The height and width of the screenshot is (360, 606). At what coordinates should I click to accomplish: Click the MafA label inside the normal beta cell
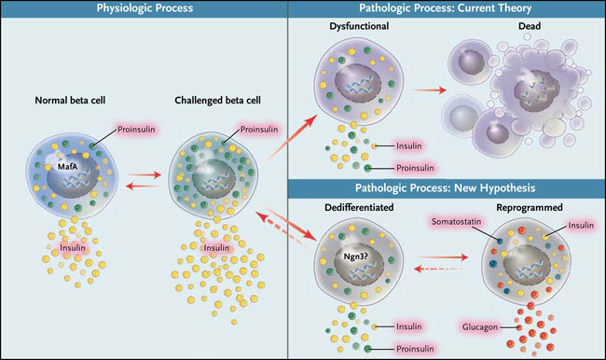click(67, 167)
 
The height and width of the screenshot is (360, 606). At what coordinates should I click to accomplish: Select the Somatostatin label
click(457, 222)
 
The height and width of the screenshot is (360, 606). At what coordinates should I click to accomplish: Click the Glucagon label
click(480, 327)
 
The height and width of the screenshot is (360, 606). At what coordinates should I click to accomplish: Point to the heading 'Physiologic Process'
click(145, 8)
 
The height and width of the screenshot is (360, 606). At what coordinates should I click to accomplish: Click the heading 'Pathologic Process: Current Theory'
click(446, 8)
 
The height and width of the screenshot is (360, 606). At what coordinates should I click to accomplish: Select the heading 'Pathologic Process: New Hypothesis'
click(446, 187)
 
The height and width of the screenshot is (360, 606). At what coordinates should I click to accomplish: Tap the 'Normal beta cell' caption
click(70, 100)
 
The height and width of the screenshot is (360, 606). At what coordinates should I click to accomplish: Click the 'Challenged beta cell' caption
click(217, 101)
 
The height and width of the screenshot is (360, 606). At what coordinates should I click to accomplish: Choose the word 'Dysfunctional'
click(359, 26)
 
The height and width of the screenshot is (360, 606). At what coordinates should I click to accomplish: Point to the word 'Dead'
click(530, 26)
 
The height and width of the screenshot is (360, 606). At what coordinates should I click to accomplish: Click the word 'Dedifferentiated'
click(359, 207)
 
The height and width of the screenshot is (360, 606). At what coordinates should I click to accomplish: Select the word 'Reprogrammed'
click(530, 208)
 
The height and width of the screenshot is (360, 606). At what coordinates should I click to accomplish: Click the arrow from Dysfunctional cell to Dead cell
click(430, 90)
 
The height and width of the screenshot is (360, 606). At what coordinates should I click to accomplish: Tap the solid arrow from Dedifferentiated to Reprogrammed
click(443, 256)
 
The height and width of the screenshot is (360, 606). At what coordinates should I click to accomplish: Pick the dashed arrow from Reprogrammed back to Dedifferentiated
click(441, 269)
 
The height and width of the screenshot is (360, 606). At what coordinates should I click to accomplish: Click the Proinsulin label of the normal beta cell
click(136, 129)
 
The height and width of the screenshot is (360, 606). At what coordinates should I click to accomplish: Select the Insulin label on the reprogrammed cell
click(581, 225)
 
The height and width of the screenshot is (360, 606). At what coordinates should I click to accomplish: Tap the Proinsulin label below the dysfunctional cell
click(415, 168)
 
